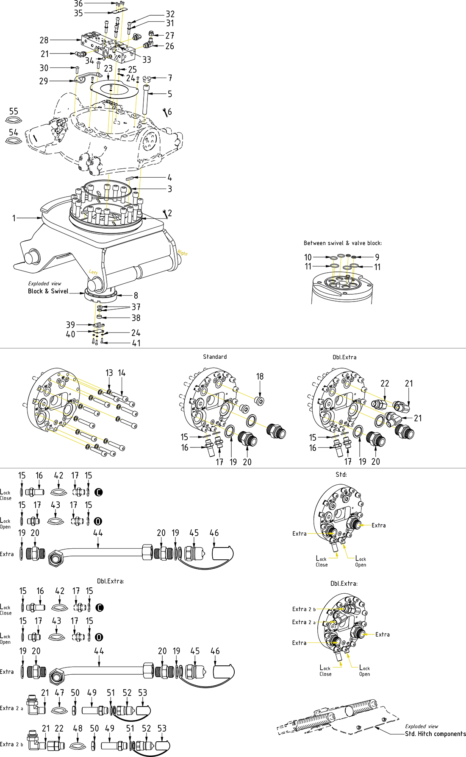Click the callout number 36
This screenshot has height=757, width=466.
pyautogui.click(x=78, y=4)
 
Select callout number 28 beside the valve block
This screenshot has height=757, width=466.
pyautogui.click(x=44, y=40)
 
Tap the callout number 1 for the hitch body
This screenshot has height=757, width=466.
pyautogui.click(x=14, y=218)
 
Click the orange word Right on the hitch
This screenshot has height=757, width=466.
pyautogui.click(x=183, y=253)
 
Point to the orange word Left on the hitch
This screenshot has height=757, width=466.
pyautogui.click(x=93, y=272)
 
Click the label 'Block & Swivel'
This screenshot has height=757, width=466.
pyautogui.click(x=48, y=291)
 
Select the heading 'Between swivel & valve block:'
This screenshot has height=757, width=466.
pyautogui.click(x=342, y=243)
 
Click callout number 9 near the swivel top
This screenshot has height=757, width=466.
pyautogui.click(x=377, y=257)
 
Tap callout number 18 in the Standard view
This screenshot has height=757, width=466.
pyautogui.click(x=260, y=376)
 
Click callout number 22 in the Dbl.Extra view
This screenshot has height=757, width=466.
pyautogui.click(x=385, y=383)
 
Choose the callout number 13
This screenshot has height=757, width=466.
pyautogui.click(x=109, y=373)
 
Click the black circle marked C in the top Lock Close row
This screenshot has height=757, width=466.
pyautogui.click(x=98, y=492)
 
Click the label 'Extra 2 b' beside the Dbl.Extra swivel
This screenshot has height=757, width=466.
pyautogui.click(x=304, y=609)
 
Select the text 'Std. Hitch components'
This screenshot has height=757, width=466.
pyautogui.click(x=435, y=734)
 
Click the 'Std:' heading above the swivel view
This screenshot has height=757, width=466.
pyautogui.click(x=341, y=475)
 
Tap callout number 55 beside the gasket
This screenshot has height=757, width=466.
pyautogui.click(x=14, y=111)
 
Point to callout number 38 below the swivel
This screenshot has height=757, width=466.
pyautogui.click(x=136, y=318)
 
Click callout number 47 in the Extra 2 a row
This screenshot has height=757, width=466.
pyautogui.click(x=59, y=693)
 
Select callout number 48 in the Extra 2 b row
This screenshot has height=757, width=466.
pyautogui.click(x=78, y=728)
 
